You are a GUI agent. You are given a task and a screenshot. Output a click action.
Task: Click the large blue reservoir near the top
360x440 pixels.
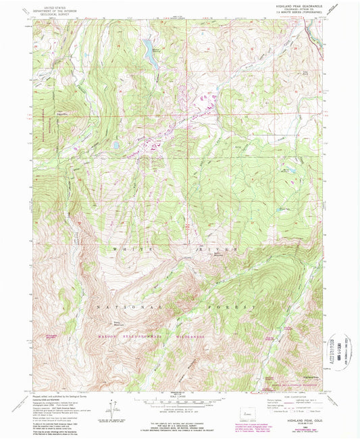tap(149, 53)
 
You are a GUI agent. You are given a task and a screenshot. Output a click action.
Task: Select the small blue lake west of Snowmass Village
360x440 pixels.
tap(116, 145)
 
